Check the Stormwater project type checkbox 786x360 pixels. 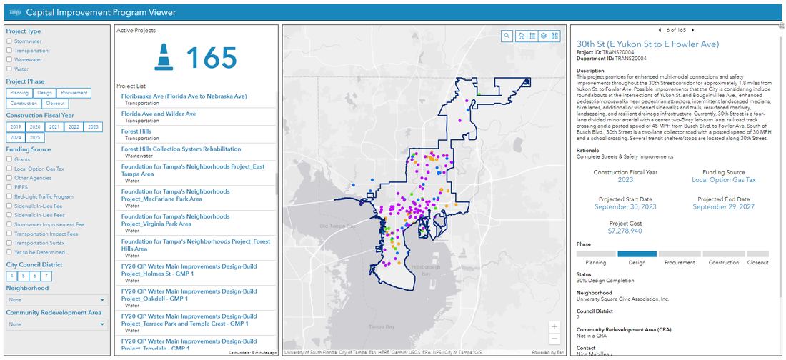(9, 41)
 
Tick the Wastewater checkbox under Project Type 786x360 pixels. (9, 60)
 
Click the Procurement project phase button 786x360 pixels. (74, 93)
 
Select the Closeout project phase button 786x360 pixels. (55, 104)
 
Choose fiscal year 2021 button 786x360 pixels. (54, 126)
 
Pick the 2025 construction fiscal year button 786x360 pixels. (35, 137)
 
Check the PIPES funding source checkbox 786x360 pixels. (9, 187)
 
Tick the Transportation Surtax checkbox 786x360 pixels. (9, 243)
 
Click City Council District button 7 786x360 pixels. (46, 276)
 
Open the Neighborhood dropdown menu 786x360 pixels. (56, 300)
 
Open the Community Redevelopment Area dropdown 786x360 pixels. (56, 324)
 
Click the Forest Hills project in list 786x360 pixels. (136, 131)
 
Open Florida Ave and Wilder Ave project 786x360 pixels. (159, 114)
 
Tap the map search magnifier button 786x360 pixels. (506, 36)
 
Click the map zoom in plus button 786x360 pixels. (554, 326)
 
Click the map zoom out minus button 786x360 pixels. (554, 339)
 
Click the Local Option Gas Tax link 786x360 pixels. (723, 180)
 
